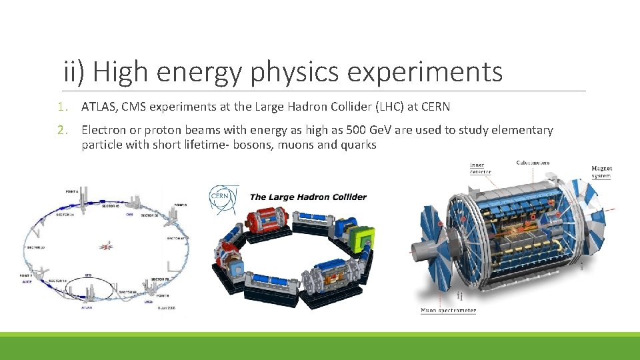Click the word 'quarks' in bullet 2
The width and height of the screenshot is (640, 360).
pos(356,145)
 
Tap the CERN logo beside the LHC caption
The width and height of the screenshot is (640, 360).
pos(221,198)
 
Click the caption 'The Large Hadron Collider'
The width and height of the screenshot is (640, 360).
pos(307,197)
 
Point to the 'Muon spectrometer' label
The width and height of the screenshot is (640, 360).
pos(448,310)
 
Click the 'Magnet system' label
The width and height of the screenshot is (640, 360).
pos(601,172)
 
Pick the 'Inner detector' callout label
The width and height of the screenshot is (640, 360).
pos(480,168)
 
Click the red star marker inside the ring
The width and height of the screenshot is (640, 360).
pos(106,246)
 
